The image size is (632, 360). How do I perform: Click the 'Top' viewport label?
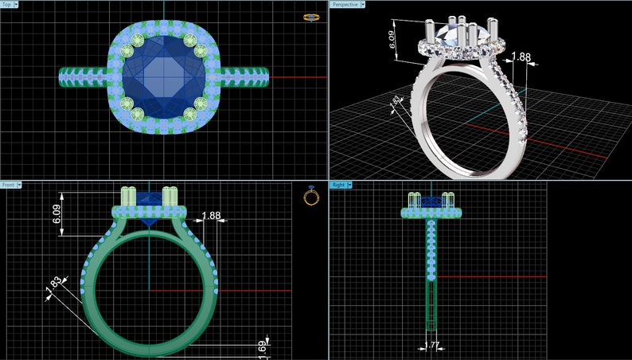click(x=7, y=5)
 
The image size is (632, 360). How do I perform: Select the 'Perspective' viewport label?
click(x=345, y=5)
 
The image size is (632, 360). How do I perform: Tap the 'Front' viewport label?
click(x=9, y=185)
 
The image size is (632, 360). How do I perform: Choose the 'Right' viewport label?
click(x=338, y=185)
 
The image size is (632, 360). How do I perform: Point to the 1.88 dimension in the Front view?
click(x=212, y=216)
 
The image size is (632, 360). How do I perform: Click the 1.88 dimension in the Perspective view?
click(x=521, y=57)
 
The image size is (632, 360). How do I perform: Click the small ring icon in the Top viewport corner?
click(x=311, y=17)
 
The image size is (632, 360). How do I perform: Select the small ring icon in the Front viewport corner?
click(x=311, y=196)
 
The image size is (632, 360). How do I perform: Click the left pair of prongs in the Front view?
click(x=128, y=196)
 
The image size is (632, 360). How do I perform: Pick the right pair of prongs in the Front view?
click(x=169, y=196)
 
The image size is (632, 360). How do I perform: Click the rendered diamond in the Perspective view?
click(x=452, y=33)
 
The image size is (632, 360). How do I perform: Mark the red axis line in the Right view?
click(x=494, y=277)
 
